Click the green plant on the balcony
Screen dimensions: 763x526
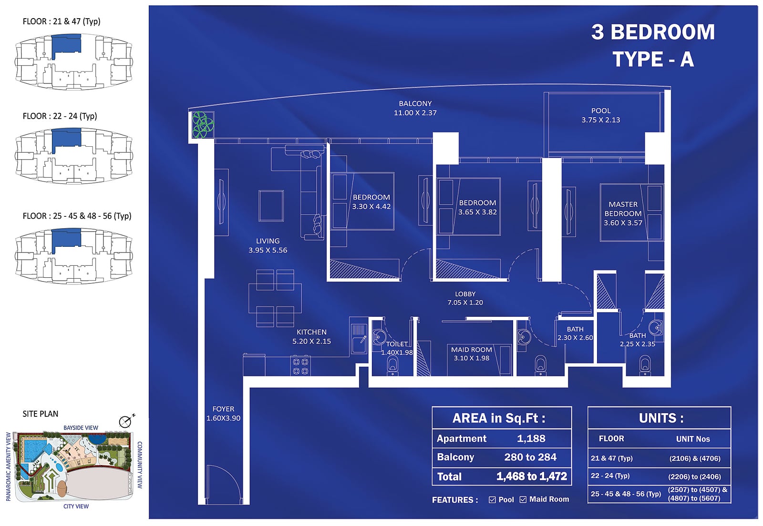203,125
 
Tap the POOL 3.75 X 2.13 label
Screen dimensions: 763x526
600,115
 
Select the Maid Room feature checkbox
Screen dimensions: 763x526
523,499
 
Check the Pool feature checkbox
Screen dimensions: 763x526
492,500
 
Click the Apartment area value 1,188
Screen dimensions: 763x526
531,438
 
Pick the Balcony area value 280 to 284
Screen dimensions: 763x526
530,457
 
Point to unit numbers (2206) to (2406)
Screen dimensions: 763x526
694,476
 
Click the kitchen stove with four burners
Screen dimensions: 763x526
300,366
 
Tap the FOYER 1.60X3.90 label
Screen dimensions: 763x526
224,414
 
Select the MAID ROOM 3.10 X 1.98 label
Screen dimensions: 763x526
472,354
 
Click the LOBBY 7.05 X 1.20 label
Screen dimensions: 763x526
465,298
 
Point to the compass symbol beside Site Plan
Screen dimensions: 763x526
126,422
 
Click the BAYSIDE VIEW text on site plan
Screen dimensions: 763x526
81,428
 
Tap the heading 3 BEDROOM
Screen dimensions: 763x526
653,32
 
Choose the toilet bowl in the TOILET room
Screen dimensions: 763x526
392,366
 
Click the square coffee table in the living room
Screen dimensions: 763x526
271,206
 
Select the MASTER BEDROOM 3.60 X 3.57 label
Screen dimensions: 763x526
623,213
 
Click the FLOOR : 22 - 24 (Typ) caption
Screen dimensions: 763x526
60,116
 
